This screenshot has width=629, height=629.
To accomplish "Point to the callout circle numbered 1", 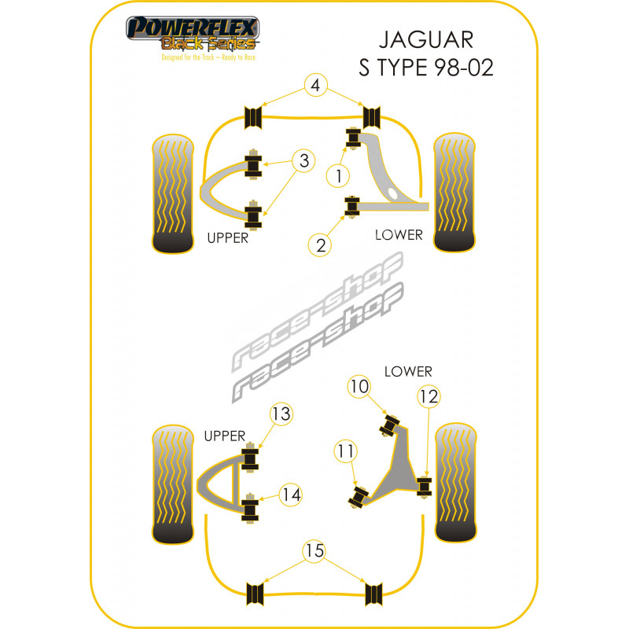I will click(x=339, y=177).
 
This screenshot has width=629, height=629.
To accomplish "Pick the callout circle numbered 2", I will click(x=321, y=245).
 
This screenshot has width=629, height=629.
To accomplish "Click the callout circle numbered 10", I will click(x=359, y=386).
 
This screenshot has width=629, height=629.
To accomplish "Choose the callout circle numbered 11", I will click(x=344, y=451).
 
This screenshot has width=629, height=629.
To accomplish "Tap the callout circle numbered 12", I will click(x=429, y=396).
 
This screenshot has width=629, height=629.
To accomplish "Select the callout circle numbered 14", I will click(x=291, y=495).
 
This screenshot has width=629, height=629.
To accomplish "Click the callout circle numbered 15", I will click(x=315, y=551).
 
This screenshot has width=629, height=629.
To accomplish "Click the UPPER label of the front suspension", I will click(x=227, y=238).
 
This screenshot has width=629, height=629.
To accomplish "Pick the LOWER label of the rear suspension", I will click(x=408, y=371).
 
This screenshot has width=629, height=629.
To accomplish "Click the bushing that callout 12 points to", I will click(x=425, y=486).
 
